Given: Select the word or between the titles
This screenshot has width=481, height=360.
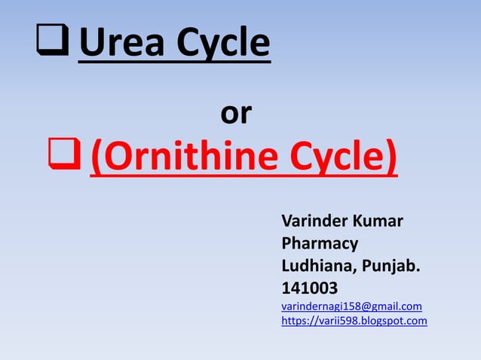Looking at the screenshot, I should point(236,114).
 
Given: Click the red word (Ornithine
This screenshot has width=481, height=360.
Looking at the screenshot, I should point(176,160).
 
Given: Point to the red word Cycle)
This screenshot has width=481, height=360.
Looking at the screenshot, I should point(333,160).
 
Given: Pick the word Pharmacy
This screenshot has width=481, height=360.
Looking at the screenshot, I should point(319,244).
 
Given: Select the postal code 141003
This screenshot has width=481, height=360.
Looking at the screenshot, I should point(310,288).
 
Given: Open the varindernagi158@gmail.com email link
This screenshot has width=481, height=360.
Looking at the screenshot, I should point(351,307).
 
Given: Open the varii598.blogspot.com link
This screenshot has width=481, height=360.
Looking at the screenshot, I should point(354,321).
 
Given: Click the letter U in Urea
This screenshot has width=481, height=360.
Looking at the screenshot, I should point(91,44).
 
